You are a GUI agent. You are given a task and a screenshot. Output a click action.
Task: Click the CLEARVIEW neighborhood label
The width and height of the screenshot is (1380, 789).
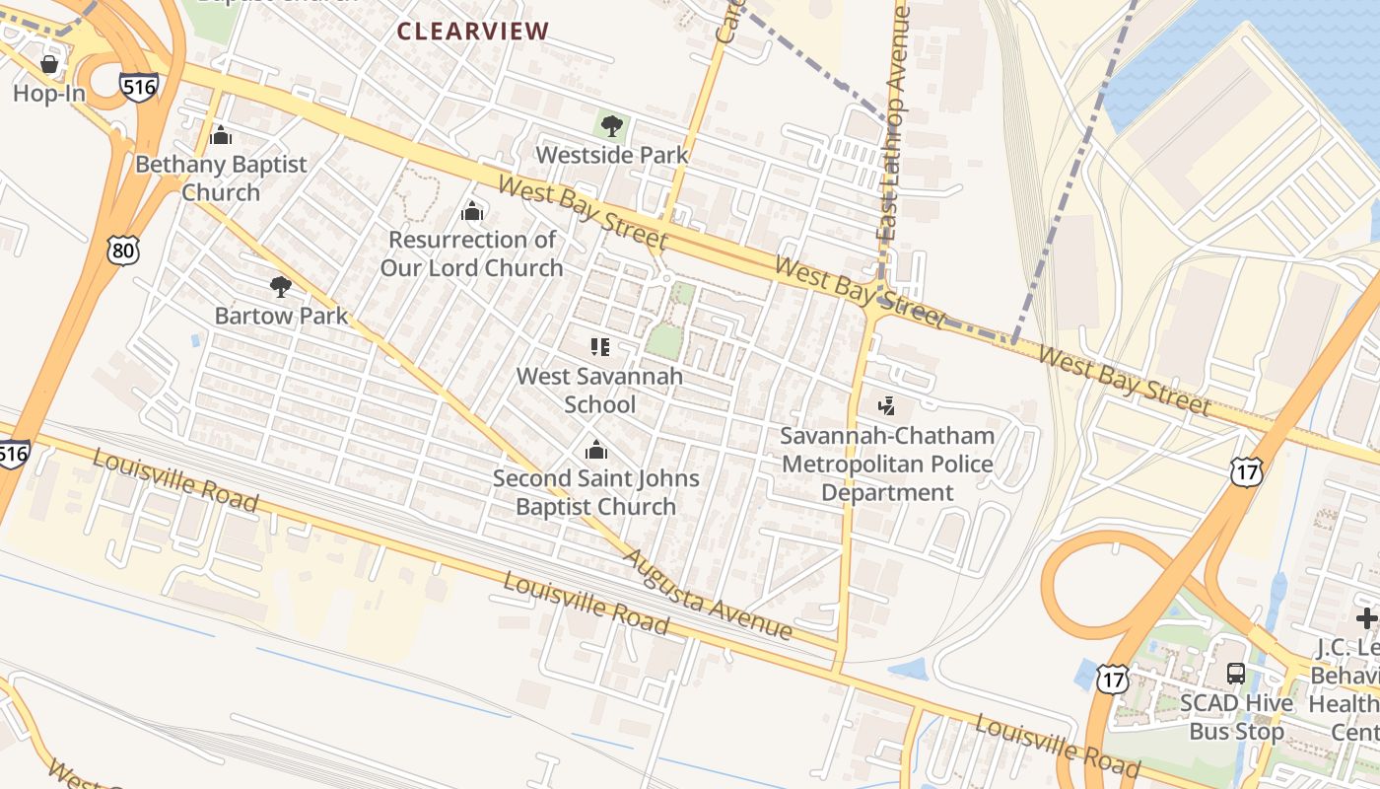pos(472,31)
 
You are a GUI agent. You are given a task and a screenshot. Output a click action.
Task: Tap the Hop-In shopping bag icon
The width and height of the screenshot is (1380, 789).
pos(48,65)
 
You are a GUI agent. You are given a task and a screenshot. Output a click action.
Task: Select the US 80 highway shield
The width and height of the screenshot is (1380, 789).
pos(123,250)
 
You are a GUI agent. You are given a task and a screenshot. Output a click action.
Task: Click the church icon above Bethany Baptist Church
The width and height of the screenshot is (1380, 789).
pos(221,135)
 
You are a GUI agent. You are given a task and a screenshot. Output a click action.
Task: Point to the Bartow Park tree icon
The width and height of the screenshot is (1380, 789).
pos(281,287)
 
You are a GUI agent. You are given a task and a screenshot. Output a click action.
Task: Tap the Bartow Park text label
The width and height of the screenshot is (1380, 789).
pos(282,316)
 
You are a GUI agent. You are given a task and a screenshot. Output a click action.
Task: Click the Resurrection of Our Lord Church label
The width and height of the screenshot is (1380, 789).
pos(472,253)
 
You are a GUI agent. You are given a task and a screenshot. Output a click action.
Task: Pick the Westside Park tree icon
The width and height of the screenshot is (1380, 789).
pos(611,126)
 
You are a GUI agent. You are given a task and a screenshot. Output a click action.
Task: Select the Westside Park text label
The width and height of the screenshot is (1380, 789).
pos(612,155)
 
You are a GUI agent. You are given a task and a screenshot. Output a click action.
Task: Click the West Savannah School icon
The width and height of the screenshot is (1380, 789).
pos(599,346)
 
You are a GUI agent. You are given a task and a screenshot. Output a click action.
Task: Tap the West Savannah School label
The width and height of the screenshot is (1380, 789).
pos(599,390)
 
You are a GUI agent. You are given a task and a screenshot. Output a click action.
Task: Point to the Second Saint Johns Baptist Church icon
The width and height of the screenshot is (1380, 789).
pos(595,451)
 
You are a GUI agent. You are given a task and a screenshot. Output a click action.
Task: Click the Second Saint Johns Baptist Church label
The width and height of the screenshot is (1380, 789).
pos(595,492)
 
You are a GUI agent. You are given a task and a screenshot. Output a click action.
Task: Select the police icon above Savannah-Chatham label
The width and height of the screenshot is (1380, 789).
pos(887,405)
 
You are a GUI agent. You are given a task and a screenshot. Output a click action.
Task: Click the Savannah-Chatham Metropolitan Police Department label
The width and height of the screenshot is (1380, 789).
pos(887,464)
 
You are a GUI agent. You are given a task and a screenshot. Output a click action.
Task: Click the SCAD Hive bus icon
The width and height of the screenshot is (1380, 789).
pos(1235,674)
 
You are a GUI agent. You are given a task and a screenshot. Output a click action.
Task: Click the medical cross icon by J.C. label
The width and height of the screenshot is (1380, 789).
pos(1366,618)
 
